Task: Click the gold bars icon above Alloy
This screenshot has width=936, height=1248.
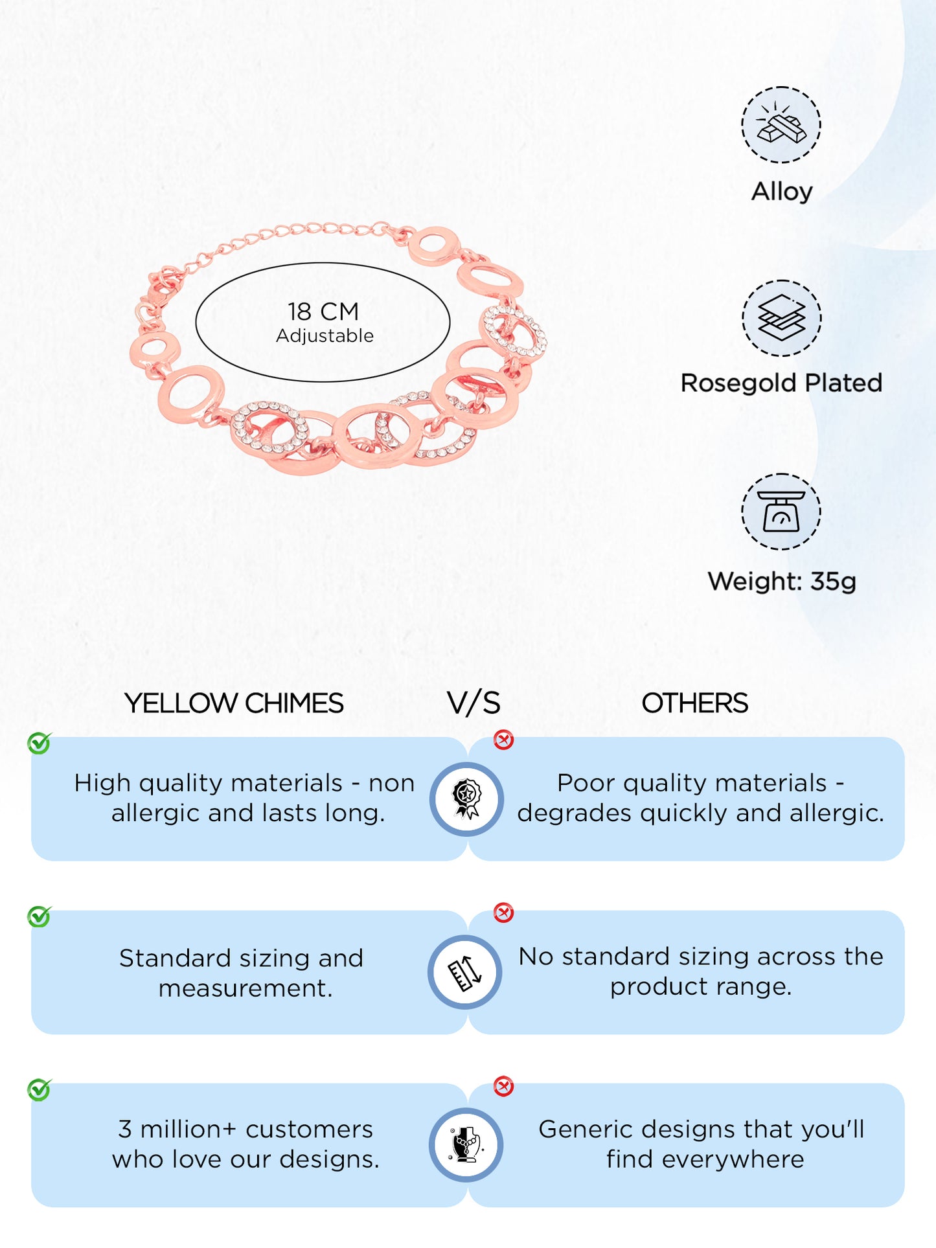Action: pos(781,124)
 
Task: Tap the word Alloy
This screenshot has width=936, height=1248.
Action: pos(782,192)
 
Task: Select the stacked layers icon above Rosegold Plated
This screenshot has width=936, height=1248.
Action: pos(781,318)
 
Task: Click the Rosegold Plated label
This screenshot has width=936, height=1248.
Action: pos(781,383)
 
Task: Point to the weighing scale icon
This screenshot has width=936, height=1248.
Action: pos(781,512)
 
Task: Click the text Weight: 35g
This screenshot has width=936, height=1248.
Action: pos(781,581)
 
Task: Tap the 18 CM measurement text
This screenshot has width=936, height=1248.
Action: pos(323,312)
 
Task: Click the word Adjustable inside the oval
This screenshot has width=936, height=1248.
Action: pos(325,335)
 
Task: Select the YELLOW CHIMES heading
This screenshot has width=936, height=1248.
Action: pos(234,703)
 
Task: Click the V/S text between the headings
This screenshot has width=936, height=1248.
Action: pos(474,703)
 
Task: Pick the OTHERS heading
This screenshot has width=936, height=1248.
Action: pos(694,703)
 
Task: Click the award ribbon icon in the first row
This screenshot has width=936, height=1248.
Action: pos(466,799)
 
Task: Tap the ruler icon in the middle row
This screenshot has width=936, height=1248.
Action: pos(465,972)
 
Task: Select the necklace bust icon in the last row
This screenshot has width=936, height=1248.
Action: pos(466,1144)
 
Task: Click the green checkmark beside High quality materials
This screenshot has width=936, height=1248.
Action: pos(39,743)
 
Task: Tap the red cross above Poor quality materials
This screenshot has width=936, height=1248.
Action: pos(503,740)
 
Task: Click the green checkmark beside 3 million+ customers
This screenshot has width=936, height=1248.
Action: pos(39,1090)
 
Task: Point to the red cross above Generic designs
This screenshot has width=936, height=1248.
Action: pos(503,1086)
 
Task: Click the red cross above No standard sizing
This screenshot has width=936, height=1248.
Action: pos(503,913)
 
